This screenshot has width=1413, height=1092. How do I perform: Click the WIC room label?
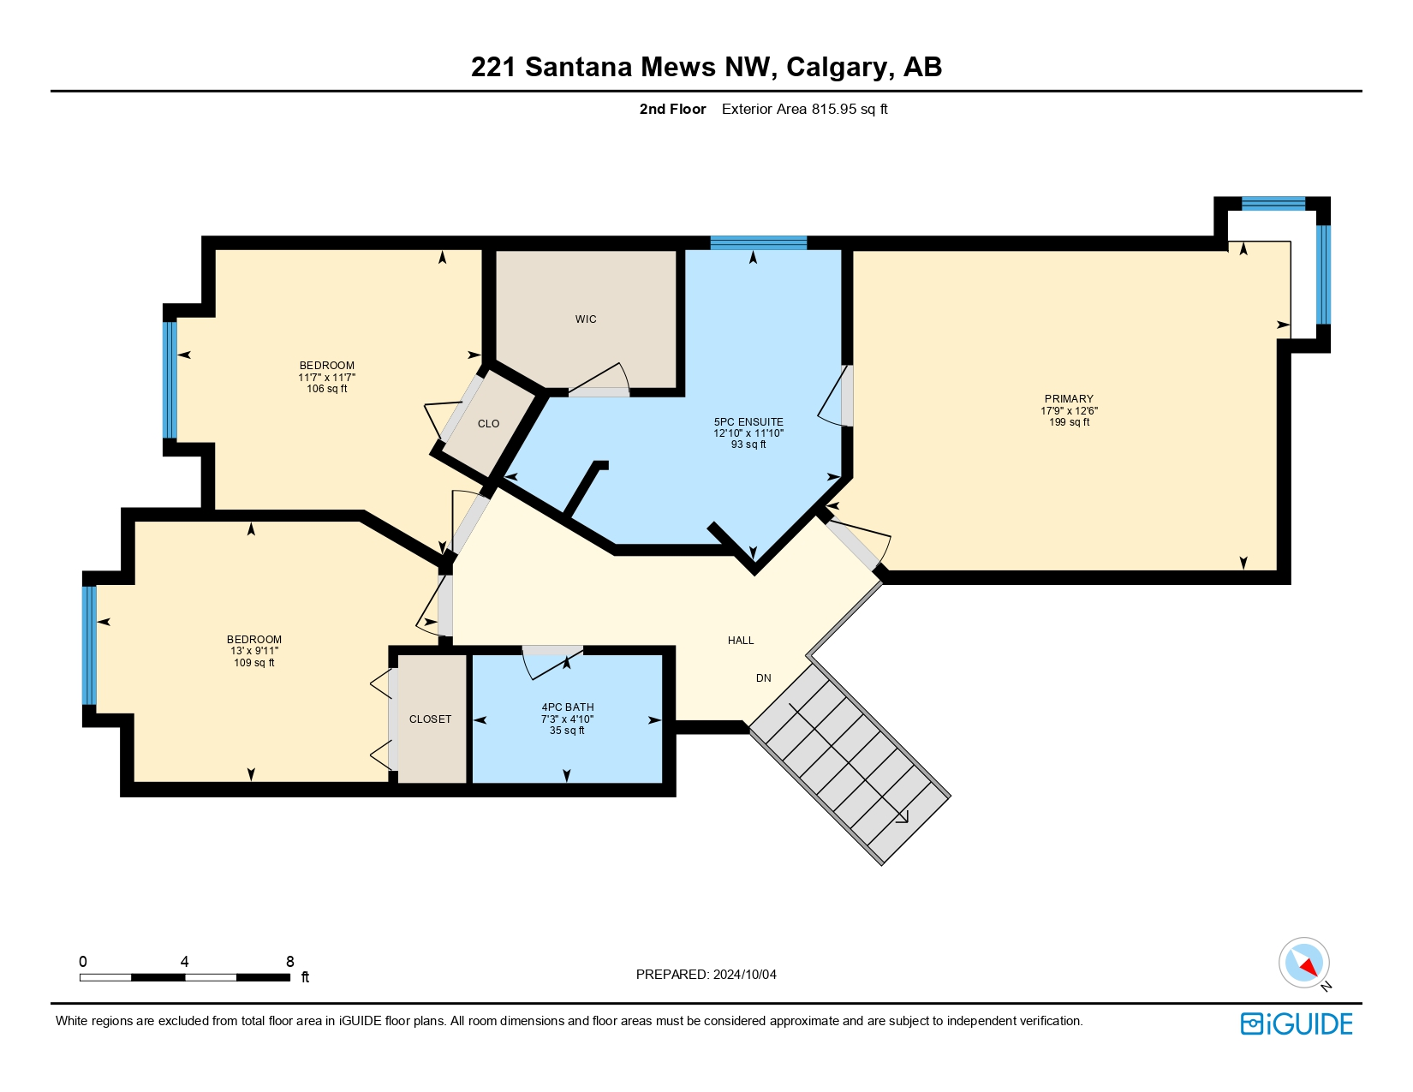586,319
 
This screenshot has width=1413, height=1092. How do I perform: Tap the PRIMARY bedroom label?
1069,399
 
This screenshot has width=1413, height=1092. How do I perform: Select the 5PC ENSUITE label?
748,422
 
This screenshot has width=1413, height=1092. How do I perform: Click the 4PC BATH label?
567,707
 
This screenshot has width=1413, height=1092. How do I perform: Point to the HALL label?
741,641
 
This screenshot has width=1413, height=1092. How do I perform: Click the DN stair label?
763,678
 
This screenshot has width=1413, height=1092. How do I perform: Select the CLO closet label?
488,424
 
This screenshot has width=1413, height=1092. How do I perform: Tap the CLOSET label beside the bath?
430,719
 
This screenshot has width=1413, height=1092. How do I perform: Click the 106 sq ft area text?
326,389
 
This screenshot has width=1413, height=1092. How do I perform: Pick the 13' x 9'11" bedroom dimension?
254,651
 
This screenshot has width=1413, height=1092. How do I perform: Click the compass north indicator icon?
1304,963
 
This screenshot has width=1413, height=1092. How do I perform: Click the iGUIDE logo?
1297,1023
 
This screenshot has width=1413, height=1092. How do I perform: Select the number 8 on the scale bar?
290,962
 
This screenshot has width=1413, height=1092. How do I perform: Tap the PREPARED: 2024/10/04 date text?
706,975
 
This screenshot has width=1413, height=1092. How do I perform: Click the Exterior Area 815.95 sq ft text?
804,109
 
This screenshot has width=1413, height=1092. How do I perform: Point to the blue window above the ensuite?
758,242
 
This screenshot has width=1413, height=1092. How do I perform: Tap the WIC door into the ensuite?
599,382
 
